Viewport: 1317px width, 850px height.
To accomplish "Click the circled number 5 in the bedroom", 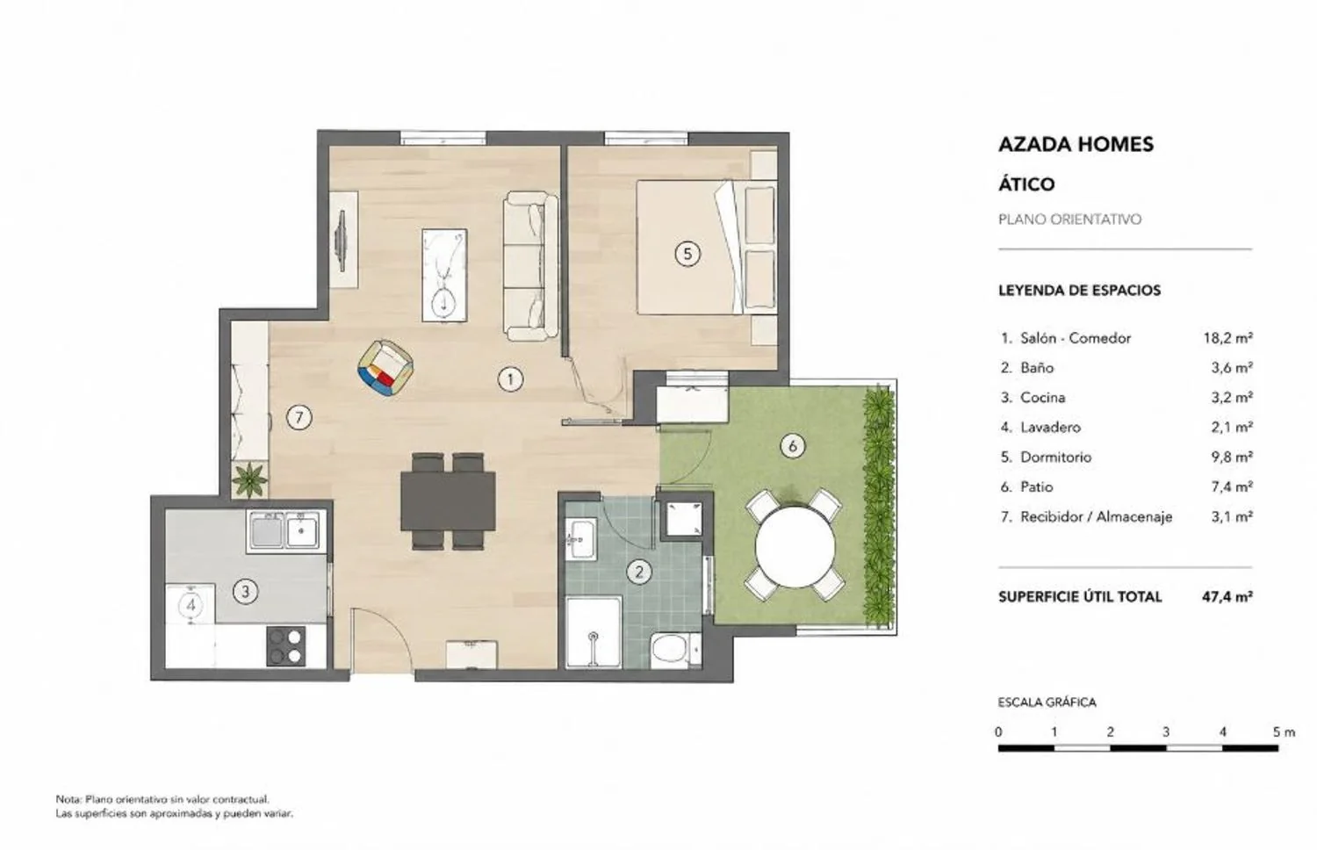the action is pos(687,254).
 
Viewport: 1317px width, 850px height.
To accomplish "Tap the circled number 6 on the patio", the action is pos(792,446).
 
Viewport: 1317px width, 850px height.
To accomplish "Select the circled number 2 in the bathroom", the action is pos(639,572).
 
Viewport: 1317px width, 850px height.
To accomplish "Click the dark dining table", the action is pos(448,501).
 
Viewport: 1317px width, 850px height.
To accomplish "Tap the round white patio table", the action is pos(795,547).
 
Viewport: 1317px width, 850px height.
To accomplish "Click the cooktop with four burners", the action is pos(285,646).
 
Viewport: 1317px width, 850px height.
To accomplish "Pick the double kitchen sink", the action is pos(285,530).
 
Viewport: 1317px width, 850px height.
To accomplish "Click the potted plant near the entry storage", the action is pos(250,479).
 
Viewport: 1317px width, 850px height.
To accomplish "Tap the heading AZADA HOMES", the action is pos(1076,144).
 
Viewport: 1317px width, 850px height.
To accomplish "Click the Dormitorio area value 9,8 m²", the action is pos(1231,457).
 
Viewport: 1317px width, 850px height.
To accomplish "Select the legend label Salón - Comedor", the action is pos(1076,338).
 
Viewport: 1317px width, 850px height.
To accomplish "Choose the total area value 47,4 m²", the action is pos(1227,596).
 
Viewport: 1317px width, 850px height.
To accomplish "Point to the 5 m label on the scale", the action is pos(1284,731).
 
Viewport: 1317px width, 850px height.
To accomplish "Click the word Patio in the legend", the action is pos(1037,486).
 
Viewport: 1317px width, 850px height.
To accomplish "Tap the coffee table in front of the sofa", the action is pos(444,275).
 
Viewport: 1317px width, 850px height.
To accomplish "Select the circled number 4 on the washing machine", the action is pos(191,605).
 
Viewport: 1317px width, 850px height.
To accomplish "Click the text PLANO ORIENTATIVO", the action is pos(1070,220).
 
